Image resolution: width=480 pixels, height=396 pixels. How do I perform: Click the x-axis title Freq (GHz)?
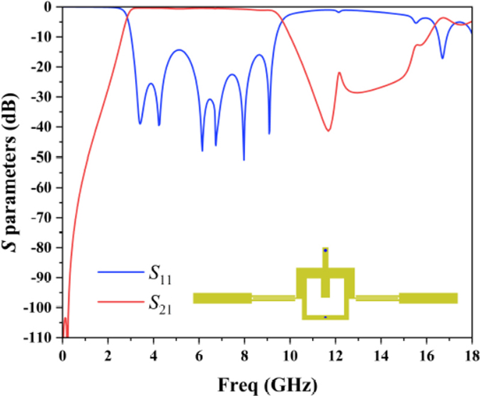[x=267, y=381]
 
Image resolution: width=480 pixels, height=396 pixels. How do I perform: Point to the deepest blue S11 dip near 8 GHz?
[x=244, y=159]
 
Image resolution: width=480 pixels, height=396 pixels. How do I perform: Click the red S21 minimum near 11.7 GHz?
[x=328, y=131]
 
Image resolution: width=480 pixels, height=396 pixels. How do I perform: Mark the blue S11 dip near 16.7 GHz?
[x=442, y=58]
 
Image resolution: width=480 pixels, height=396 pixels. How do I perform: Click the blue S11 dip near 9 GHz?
[x=269, y=133]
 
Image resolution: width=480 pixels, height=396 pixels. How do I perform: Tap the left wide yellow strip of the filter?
[x=222, y=298]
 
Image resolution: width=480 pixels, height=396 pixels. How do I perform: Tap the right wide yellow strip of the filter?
[x=428, y=298]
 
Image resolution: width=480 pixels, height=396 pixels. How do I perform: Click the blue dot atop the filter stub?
[x=325, y=250]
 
